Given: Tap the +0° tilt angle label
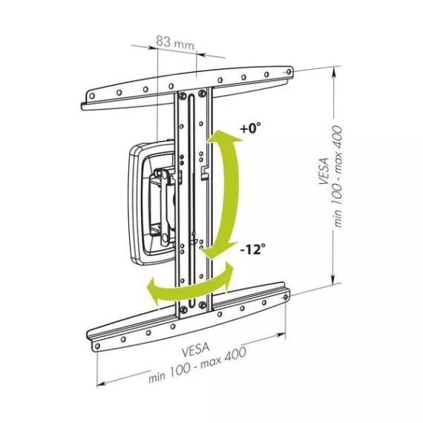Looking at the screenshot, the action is click(x=251, y=128).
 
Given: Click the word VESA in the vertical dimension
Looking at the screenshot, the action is click(x=324, y=171).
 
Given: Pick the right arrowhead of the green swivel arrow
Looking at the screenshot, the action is click(x=229, y=275).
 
